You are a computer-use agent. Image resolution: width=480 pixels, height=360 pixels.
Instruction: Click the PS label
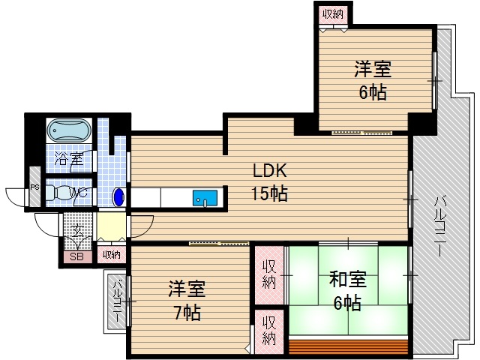click(x=34, y=189)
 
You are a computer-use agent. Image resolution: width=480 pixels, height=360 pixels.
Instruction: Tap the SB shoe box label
click(x=76, y=256)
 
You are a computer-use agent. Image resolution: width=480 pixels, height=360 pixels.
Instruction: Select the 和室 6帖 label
click(x=347, y=291)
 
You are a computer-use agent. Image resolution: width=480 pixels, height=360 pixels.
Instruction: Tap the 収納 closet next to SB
click(x=111, y=255)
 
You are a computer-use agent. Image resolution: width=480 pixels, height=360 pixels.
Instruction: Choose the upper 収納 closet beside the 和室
click(x=269, y=274)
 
